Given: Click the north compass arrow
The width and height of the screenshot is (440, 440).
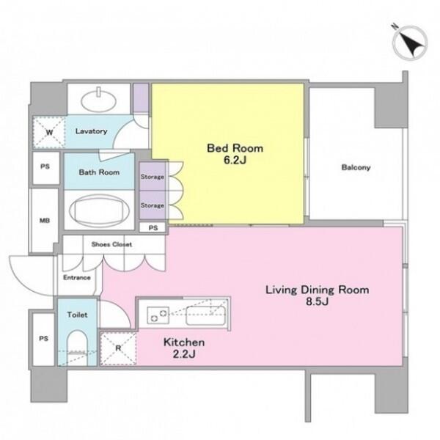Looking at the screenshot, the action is coord(410,44).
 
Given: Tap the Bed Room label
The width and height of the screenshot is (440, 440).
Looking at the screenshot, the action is coord(235,148).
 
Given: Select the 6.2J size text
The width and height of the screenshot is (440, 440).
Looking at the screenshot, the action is coord(235,160).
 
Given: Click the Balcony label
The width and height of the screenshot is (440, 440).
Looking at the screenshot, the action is coord(356,167).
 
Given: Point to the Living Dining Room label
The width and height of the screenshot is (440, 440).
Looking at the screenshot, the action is coord(317,290).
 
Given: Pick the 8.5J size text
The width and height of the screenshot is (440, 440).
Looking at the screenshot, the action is coord(317,301).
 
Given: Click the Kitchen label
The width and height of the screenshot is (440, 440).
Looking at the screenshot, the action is coord(184,342).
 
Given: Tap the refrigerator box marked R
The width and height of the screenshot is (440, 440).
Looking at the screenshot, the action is coord(118,348).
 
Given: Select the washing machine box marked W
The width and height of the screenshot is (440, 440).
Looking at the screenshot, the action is coord(49,132).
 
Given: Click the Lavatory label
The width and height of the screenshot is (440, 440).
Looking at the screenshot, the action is coord(91,131).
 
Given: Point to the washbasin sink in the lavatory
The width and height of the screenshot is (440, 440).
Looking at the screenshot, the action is coord(99,100).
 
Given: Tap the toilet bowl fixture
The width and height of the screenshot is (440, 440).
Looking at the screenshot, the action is coord(77,348).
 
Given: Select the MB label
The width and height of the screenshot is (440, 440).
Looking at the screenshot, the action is coord(45,221).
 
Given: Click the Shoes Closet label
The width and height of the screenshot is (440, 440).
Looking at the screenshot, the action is coord(111,244).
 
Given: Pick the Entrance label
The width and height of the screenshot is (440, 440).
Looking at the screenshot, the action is coord(76,277).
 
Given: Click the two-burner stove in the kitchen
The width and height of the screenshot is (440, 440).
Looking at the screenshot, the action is coord(158,315).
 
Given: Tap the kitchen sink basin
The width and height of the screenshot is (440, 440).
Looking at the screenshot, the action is coord(205,315).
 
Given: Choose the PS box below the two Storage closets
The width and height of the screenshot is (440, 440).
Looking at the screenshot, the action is coord(153,227).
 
